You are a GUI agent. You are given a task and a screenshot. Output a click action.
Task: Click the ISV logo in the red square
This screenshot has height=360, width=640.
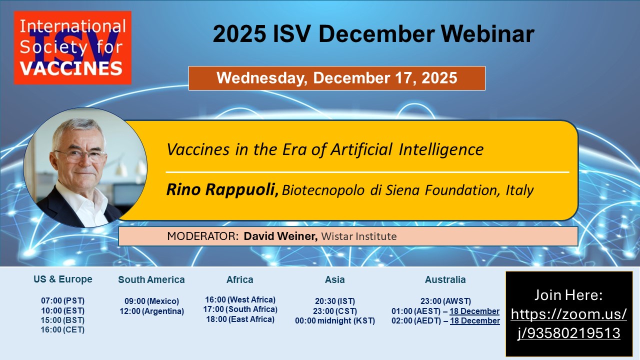[x=72, y=47]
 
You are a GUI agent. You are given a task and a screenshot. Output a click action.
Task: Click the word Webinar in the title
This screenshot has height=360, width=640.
[x=487, y=34]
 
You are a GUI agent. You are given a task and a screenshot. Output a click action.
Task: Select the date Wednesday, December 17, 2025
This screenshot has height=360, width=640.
[x=337, y=78]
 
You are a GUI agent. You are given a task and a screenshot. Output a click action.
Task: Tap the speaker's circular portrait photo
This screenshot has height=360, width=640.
[x=85, y=167]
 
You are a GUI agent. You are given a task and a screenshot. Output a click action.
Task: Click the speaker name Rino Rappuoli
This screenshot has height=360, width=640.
[x=222, y=189]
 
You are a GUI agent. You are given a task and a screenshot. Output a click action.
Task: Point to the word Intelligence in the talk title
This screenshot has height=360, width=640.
[x=441, y=149]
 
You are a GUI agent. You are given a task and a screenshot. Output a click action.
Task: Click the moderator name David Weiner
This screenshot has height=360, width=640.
[x=280, y=236]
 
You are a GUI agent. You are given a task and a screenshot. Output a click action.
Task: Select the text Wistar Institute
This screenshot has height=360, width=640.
[x=359, y=236]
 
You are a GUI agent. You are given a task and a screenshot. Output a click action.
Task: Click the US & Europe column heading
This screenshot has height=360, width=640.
[x=63, y=279]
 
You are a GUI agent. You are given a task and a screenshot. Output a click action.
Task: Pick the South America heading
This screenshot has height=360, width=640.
[x=151, y=279]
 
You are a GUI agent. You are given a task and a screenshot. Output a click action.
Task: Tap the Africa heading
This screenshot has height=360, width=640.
[x=239, y=279]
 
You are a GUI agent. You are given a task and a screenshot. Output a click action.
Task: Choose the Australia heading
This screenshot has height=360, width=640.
[x=445, y=279]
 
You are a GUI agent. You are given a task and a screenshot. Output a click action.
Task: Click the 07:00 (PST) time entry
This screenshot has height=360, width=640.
[x=63, y=301]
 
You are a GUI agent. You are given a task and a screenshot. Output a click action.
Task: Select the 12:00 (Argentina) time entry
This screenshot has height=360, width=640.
[x=151, y=311]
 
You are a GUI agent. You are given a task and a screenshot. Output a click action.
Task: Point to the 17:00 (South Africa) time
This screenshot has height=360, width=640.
[x=240, y=309]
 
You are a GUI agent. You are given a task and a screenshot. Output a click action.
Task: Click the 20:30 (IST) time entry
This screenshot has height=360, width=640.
[x=335, y=301]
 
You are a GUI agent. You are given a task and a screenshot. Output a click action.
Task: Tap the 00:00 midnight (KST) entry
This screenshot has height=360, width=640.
[x=335, y=321]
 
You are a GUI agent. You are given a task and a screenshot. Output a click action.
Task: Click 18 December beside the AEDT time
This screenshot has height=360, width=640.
[x=475, y=321]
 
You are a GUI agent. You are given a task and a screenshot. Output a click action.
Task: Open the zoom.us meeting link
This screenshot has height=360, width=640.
[x=568, y=323]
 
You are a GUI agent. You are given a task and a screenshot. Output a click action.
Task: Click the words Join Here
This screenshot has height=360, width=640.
[x=568, y=295]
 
